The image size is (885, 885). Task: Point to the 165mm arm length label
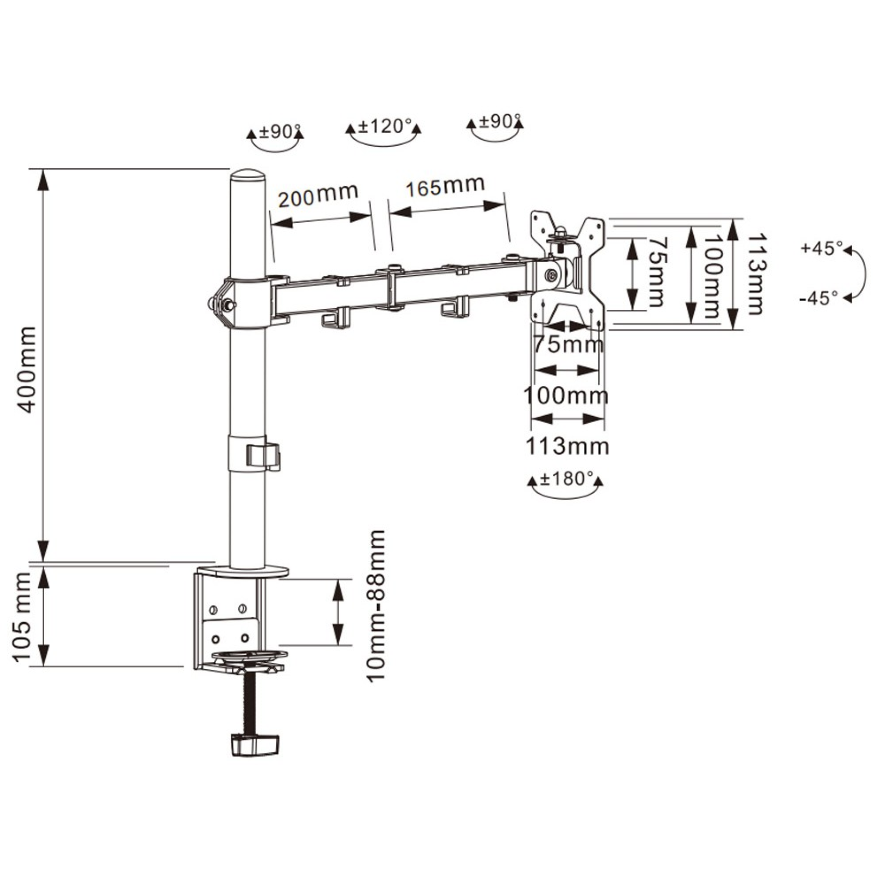445,186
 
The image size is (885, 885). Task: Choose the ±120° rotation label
384,125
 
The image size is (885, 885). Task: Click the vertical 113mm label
755,274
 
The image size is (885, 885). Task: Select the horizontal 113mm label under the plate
567,446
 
